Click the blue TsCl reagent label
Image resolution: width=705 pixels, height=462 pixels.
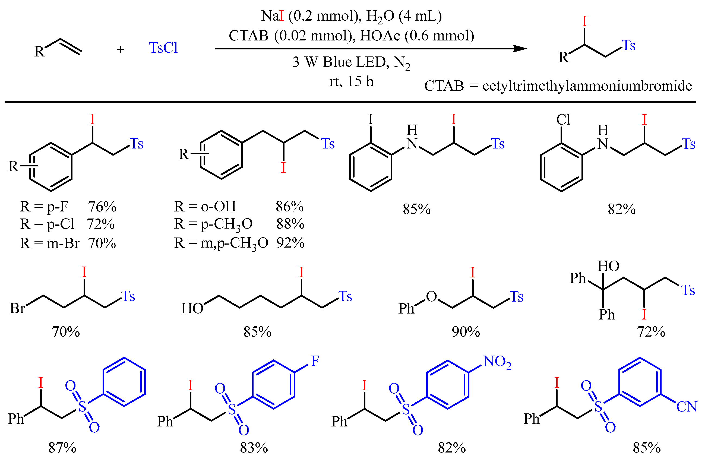pyautogui.click(x=163, y=48)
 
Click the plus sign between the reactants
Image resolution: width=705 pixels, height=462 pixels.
pyautogui.click(x=120, y=49)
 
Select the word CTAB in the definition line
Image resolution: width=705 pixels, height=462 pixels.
pyautogui.click(x=444, y=86)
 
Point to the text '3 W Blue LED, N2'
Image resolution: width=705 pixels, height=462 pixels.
pyautogui.click(x=351, y=62)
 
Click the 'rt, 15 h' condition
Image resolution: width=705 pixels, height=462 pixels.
pyautogui.click(x=351, y=81)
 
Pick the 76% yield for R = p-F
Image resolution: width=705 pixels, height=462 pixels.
pyautogui.click(x=102, y=207)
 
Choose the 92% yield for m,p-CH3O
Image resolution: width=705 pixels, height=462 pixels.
pyautogui.click(x=290, y=243)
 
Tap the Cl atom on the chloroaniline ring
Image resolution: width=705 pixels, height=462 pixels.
pyautogui.click(x=563, y=120)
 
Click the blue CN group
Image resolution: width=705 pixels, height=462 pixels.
pyautogui.click(x=687, y=407)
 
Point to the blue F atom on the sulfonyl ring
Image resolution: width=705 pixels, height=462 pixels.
pyautogui.click(x=315, y=361)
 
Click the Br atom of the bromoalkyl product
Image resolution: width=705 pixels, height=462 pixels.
pyautogui.click(x=17, y=308)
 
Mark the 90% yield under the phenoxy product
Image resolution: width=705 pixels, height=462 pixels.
pyautogui.click(x=466, y=332)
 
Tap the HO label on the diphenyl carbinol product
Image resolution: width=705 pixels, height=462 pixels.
pyautogui.click(x=608, y=266)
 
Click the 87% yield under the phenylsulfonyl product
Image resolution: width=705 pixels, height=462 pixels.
pyautogui.click(x=62, y=448)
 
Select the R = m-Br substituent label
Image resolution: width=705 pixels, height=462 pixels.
pyautogui.click(x=50, y=243)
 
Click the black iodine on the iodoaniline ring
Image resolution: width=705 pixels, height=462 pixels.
pyautogui.click(x=370, y=120)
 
